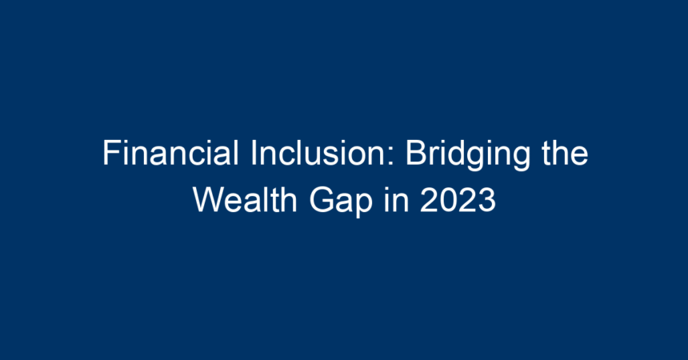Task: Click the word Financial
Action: pyautogui.click(x=170, y=153)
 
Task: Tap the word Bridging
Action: pyautogui.click(x=467, y=155)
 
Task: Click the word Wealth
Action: pyautogui.click(x=245, y=200)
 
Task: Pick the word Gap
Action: pyautogui.click(x=341, y=202)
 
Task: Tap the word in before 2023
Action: pyautogui.click(x=396, y=200)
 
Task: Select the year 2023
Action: pyautogui.click(x=458, y=200)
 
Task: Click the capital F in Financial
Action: pyautogui.click(x=112, y=153)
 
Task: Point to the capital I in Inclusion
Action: pyautogui.click(x=253, y=153)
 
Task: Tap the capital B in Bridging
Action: pyautogui.click(x=416, y=153)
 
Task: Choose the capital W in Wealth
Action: pyautogui.click(x=209, y=200)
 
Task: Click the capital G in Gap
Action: pyautogui.click(x=321, y=200)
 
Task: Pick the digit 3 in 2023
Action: pyautogui.click(x=487, y=200)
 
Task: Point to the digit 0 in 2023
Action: pyautogui.click(x=448, y=200)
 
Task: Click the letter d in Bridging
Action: pyautogui.click(x=458, y=153)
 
